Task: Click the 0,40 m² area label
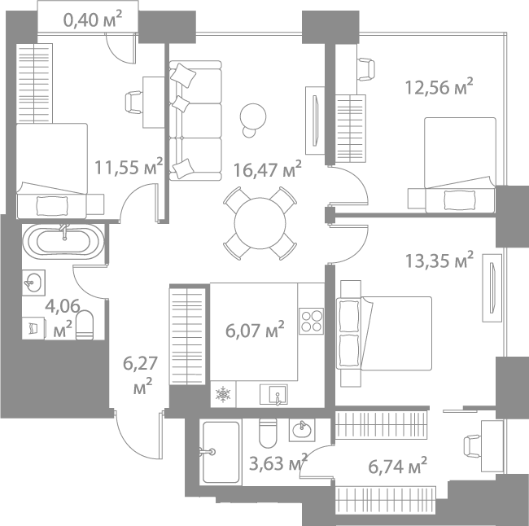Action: (98, 18)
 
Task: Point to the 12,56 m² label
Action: (439, 85)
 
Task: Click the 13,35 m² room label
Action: (439, 261)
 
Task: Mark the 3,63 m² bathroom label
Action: (278, 463)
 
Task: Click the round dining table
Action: (260, 221)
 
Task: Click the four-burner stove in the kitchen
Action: (311, 320)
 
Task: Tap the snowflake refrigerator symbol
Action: (222, 396)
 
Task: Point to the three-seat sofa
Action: (195, 121)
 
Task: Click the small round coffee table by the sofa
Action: (255, 117)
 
